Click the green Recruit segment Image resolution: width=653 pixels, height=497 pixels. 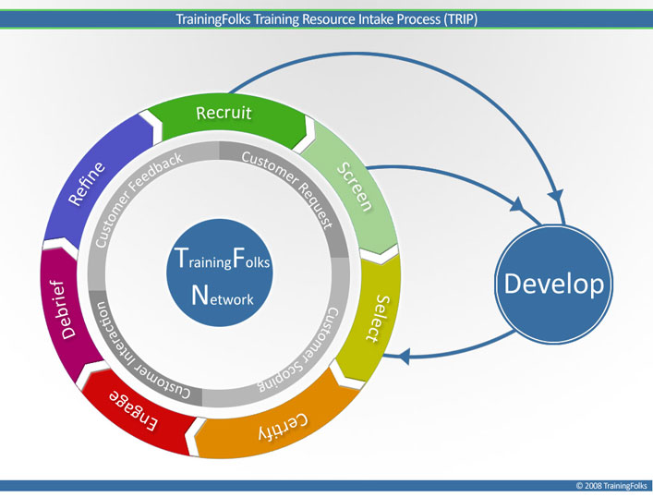click(x=224, y=115)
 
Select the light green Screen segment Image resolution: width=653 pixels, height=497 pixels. click(x=354, y=186)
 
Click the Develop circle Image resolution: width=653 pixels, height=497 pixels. click(x=554, y=284)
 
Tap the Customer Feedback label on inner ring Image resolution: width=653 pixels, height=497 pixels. click(x=139, y=199)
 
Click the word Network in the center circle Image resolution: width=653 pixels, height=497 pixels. click(x=222, y=296)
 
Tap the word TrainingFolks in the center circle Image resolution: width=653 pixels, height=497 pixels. click(x=222, y=261)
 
